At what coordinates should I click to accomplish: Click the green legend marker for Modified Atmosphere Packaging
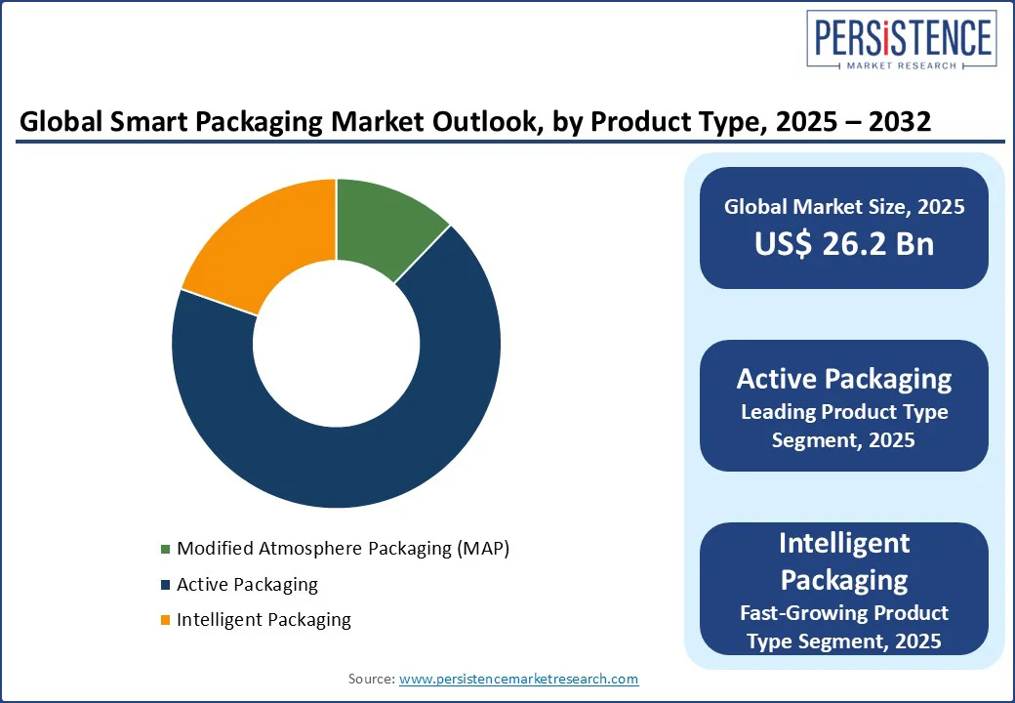click(x=165, y=549)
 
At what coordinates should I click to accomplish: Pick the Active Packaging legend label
click(x=247, y=585)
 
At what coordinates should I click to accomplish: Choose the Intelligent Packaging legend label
click(x=264, y=620)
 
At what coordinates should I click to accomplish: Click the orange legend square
click(x=165, y=620)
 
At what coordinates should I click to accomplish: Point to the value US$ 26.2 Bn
click(x=843, y=244)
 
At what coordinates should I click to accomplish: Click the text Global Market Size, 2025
click(x=843, y=206)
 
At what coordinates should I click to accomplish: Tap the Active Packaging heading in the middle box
click(x=843, y=379)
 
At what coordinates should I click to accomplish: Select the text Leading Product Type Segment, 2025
click(x=843, y=426)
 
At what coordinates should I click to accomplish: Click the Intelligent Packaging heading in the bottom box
click(x=843, y=561)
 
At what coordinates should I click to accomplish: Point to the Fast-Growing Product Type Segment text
click(x=843, y=627)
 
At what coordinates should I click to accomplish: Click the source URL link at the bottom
click(x=518, y=679)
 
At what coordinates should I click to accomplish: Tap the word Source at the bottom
click(x=371, y=679)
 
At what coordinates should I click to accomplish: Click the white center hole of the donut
click(x=336, y=344)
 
